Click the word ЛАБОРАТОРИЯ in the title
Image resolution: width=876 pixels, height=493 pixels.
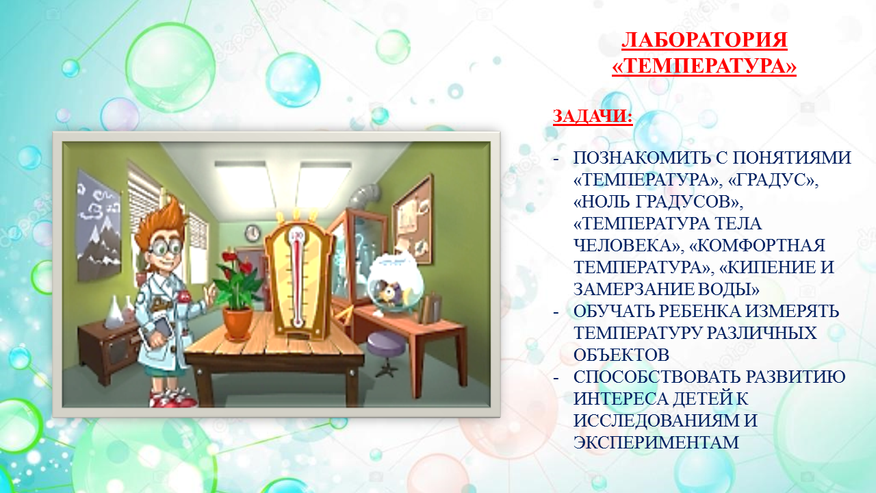pyautogui.click(x=704, y=40)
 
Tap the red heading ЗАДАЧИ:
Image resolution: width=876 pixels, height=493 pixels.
pyautogui.click(x=593, y=116)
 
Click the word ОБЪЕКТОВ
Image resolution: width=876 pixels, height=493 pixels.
pyautogui.click(x=621, y=355)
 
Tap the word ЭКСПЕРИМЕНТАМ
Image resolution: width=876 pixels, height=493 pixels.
pyautogui.click(x=656, y=442)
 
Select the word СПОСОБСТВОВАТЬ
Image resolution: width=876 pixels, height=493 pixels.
pyautogui.click(x=658, y=377)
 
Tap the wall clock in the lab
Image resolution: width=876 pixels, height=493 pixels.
pyautogui.click(x=253, y=233)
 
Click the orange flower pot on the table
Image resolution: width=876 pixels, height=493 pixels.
pyautogui.click(x=237, y=323)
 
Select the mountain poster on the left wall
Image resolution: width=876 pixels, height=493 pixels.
pyautogui.click(x=99, y=226)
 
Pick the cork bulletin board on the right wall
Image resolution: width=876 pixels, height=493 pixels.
pyautogui.click(x=413, y=220)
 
